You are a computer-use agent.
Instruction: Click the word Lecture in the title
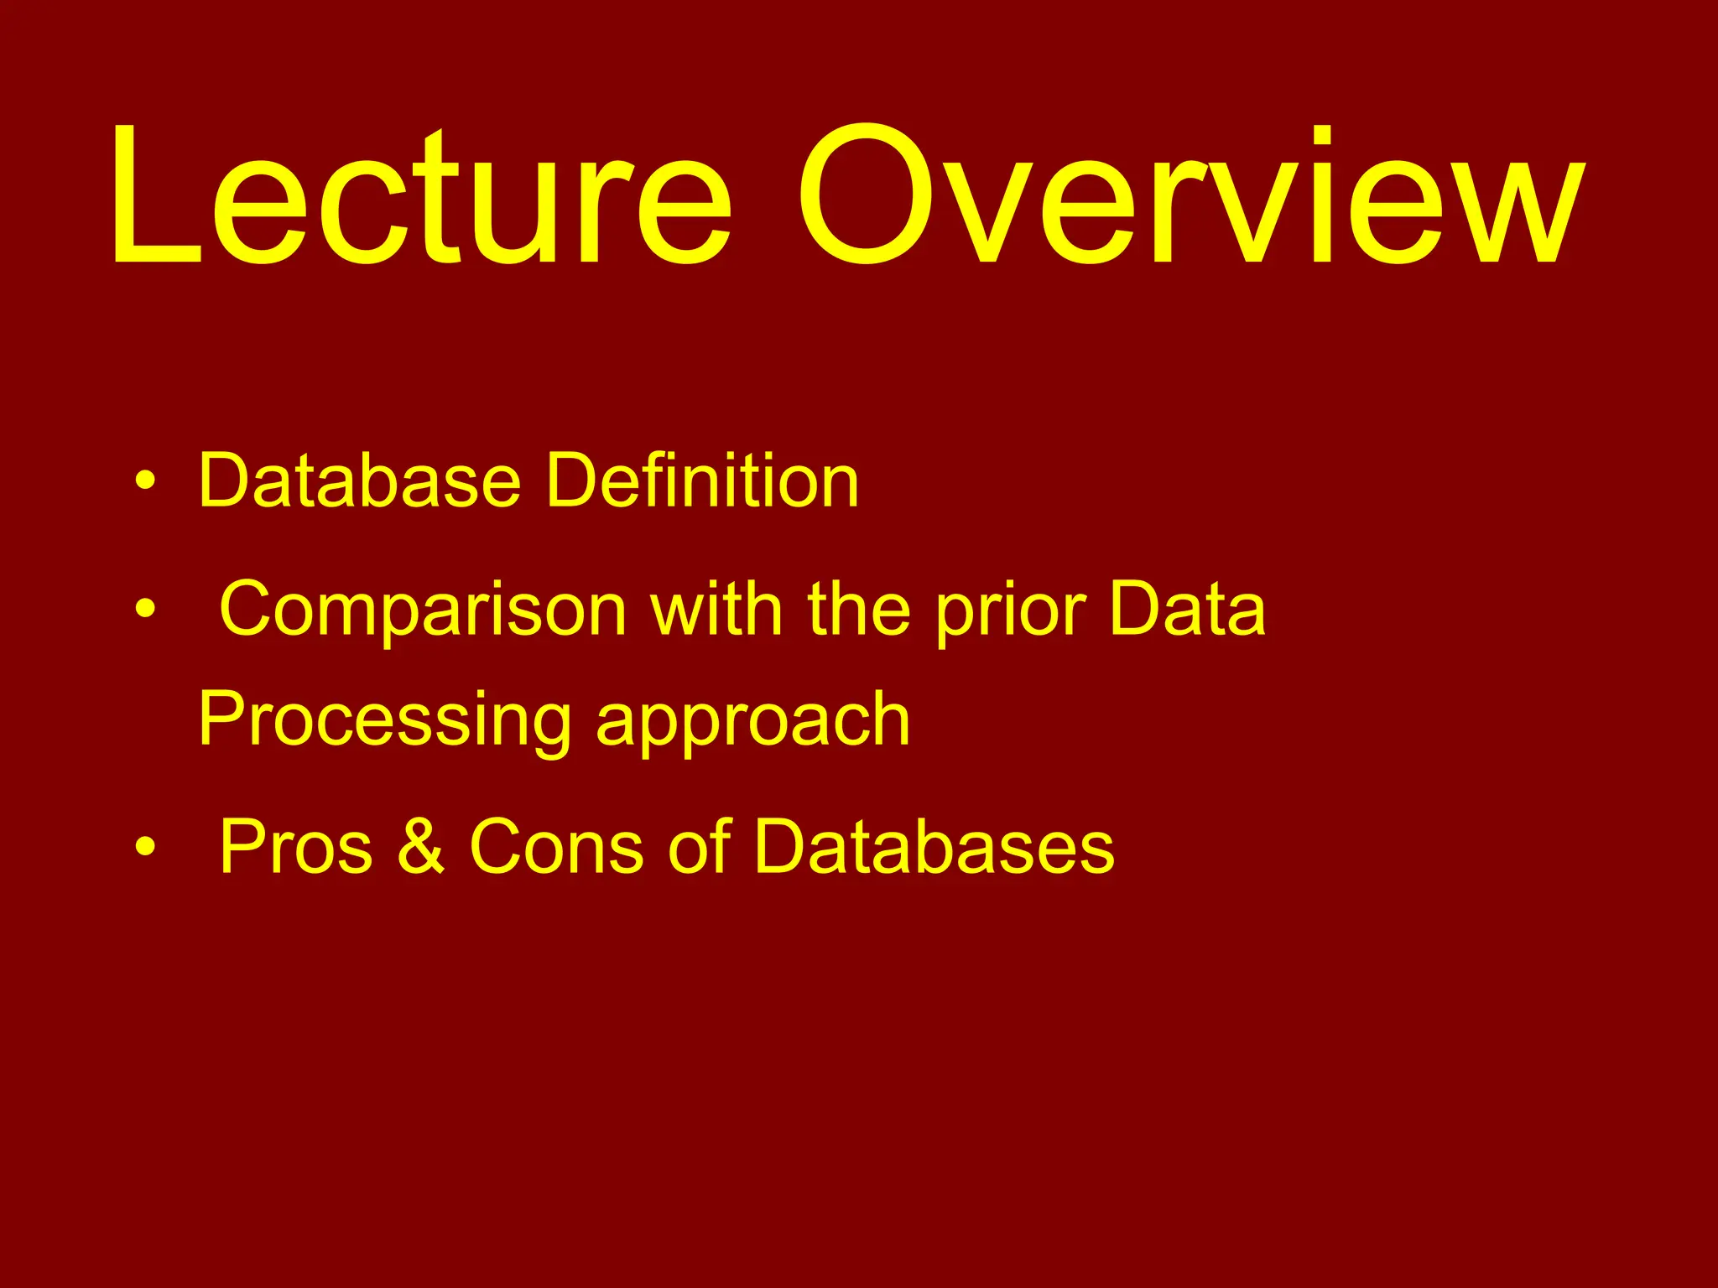tap(419, 197)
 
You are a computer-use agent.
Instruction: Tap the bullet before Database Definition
tap(145, 481)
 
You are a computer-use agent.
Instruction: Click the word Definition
tap(702, 481)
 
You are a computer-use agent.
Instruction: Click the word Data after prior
tap(1186, 610)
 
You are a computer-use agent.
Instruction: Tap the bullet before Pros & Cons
tap(145, 847)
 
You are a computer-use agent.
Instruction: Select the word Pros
tap(295, 847)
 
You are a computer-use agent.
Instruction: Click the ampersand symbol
tap(420, 847)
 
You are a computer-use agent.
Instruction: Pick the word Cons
tap(557, 847)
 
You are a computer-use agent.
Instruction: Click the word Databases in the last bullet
tap(934, 847)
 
